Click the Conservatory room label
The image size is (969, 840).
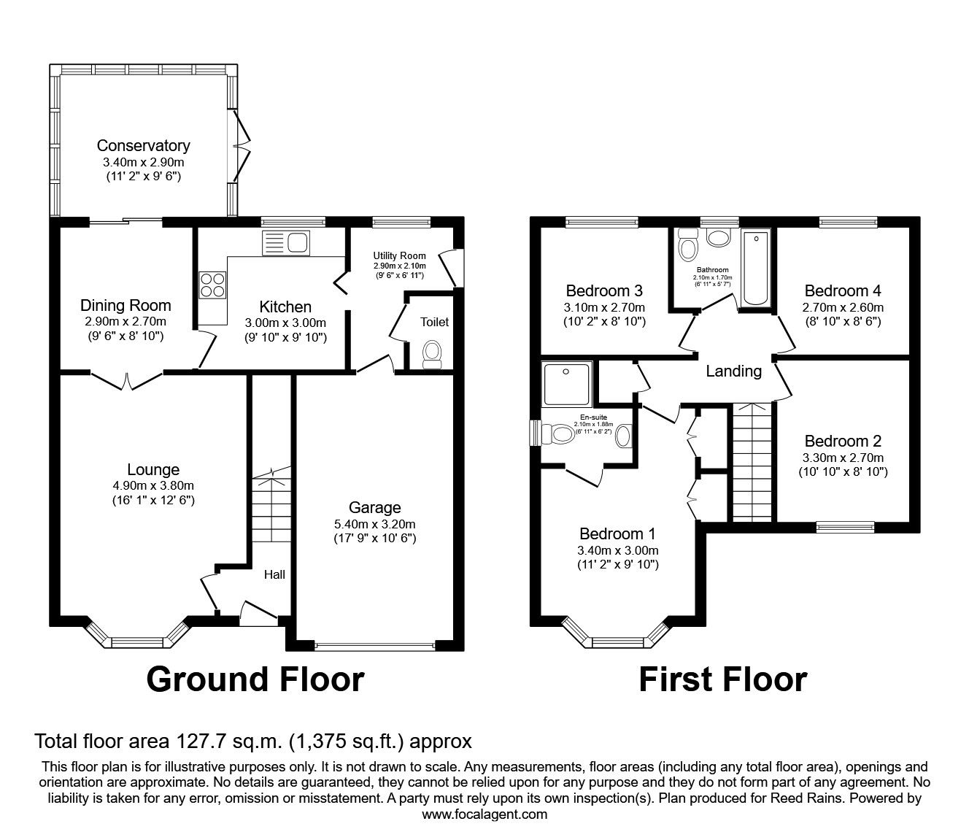click(143, 146)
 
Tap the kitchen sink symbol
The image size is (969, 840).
click(286, 243)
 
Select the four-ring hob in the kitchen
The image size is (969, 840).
click(212, 284)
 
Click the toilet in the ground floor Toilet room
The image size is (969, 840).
click(433, 353)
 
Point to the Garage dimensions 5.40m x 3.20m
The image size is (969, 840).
click(374, 524)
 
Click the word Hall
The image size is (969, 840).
click(274, 574)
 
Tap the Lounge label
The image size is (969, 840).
click(153, 470)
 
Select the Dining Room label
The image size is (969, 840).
click(126, 306)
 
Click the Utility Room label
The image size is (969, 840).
click(399, 256)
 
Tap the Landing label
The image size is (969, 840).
click(733, 371)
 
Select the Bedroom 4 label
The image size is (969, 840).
click(842, 291)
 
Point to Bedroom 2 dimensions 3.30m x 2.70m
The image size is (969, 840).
click(843, 458)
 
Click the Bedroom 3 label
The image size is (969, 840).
click(604, 291)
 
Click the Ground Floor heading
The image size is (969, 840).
click(255, 679)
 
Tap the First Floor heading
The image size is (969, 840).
click(722, 679)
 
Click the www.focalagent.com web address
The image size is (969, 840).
click(484, 814)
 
